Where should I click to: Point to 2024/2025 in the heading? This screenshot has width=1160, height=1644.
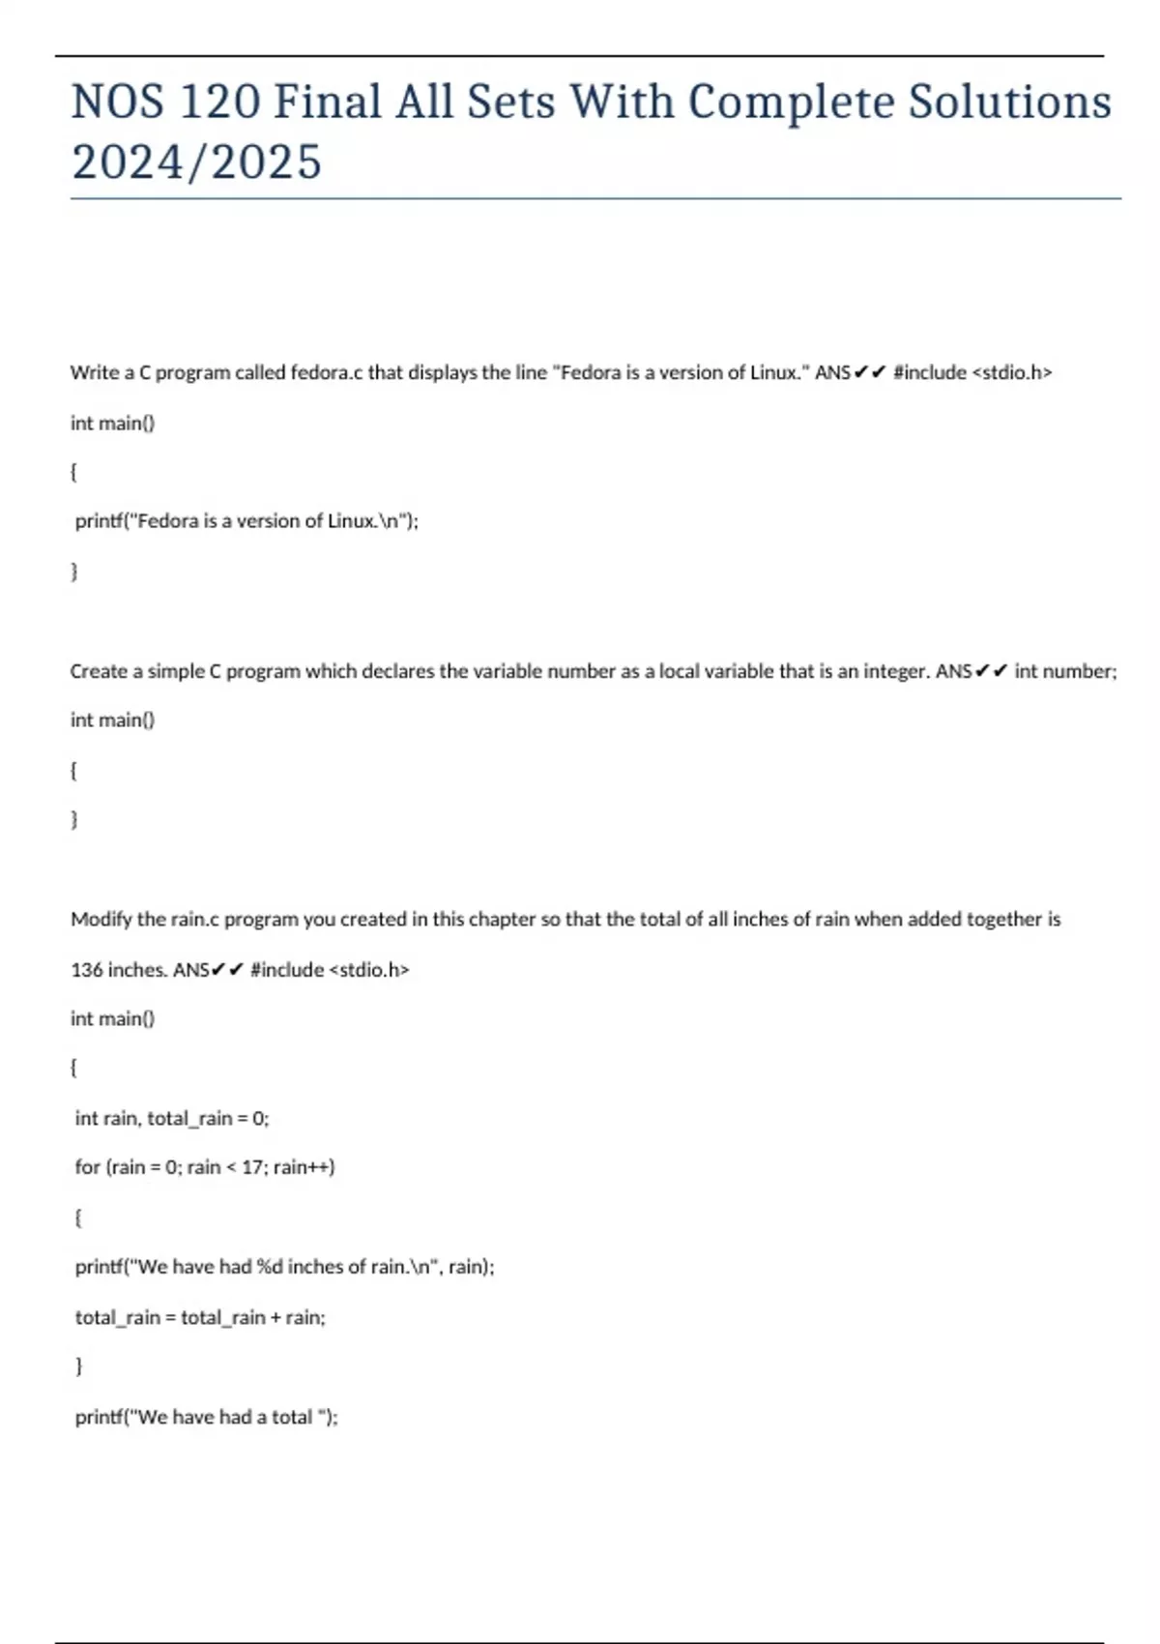click(196, 161)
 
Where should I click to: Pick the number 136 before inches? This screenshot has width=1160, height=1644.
click(86, 969)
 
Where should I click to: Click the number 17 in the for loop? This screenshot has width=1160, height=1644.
click(251, 1167)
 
